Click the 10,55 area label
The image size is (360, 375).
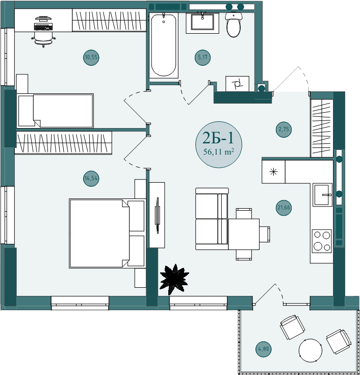(x=91, y=57)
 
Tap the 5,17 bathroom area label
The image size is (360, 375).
(x=202, y=57)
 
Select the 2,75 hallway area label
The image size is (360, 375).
(x=284, y=130)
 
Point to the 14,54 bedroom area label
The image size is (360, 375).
(x=91, y=179)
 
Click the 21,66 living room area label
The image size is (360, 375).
(x=284, y=208)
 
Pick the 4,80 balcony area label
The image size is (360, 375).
(x=264, y=349)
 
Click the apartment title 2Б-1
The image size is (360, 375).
(x=218, y=138)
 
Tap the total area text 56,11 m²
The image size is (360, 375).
(x=218, y=152)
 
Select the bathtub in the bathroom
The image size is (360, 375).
(x=164, y=45)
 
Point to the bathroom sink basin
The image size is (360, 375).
(x=202, y=22)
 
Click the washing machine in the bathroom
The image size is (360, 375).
(x=238, y=84)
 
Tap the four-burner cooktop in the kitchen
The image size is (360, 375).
(x=322, y=241)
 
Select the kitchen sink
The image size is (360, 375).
(x=322, y=195)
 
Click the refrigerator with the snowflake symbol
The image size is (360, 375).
(x=273, y=172)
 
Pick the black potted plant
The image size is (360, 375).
(x=174, y=280)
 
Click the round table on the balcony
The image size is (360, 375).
(x=310, y=351)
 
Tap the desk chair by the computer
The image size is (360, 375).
(x=43, y=39)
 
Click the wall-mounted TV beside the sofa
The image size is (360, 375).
(x=157, y=215)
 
